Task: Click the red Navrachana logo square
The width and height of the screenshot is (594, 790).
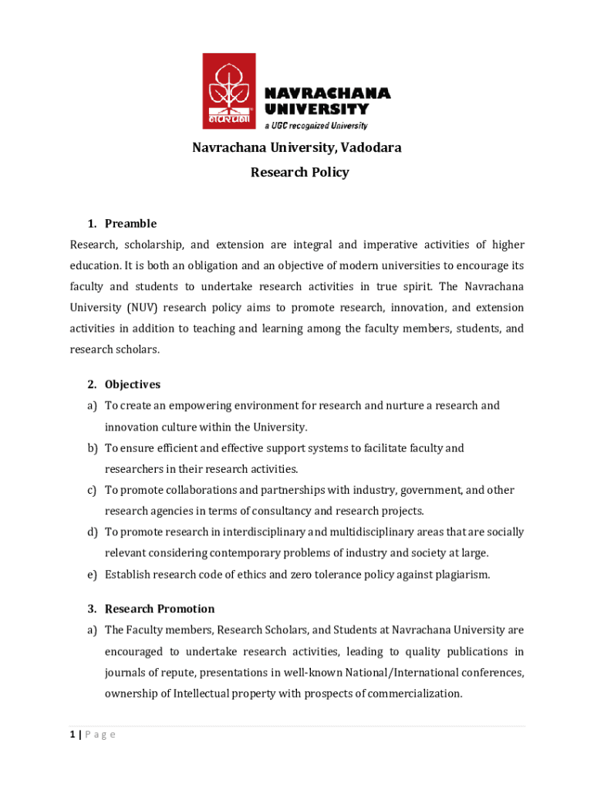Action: (x=228, y=90)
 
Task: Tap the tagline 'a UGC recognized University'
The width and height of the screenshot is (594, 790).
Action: (x=316, y=125)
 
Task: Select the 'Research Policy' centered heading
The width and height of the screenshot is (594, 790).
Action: (x=299, y=172)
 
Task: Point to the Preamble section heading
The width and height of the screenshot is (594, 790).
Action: (x=130, y=224)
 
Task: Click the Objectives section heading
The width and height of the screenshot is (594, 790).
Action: (x=133, y=384)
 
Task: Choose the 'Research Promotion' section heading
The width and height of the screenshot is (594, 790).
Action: (x=160, y=609)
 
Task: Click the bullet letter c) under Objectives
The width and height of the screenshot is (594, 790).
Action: (x=92, y=490)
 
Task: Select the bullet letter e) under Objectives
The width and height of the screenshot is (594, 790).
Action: (x=92, y=574)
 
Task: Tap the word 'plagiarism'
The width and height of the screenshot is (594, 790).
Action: (x=461, y=574)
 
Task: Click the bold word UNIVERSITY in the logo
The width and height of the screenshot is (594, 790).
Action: (x=316, y=109)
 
